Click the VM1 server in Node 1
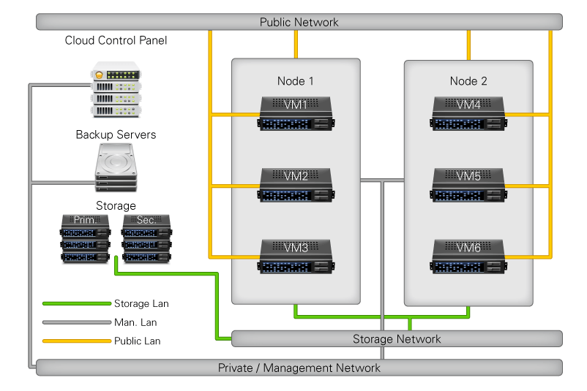pos(296,114)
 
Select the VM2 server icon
pos(296,185)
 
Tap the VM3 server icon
pos(296,256)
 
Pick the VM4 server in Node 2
pos(468,114)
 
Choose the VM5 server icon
pos(468,185)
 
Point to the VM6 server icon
pos(468,256)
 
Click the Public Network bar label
pos(299,22)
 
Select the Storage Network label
pos(397,339)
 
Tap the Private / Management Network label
pos(299,368)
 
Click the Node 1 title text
pos(296,81)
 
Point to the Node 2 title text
pos(468,81)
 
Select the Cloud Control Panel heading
pos(116,41)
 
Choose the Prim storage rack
pos(85,240)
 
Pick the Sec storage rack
pos(146,240)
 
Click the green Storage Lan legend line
pos(76,303)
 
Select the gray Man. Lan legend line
pos(76,322)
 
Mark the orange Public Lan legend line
pos(76,341)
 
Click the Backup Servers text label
pos(116,135)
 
